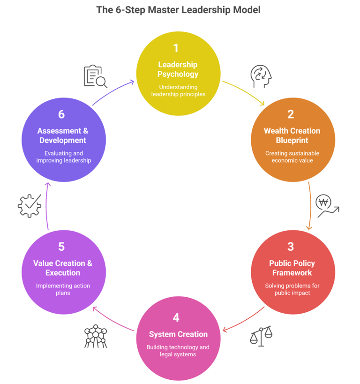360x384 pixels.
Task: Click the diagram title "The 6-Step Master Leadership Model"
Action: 178,10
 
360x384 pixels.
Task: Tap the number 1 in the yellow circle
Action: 176,48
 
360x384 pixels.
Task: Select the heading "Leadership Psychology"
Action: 178,69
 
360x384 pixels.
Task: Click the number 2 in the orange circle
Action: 291,114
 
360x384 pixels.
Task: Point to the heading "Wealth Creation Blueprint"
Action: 292,136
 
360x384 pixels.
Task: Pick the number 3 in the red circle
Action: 291,247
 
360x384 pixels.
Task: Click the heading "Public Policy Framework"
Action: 292,268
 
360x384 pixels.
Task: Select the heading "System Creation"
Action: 178,334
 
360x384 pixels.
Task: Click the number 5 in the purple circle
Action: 61,247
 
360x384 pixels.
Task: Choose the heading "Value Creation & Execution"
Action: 63,268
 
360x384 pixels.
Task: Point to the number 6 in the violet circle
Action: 61,114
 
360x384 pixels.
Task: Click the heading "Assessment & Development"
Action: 63,136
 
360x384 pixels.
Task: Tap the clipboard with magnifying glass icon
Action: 95,76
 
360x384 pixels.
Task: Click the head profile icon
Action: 262,76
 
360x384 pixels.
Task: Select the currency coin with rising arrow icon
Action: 327,205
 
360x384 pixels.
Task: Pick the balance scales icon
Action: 261,336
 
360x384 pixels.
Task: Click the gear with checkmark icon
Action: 29,206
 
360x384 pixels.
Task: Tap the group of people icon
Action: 96,336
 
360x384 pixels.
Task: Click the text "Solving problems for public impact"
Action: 292,289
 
